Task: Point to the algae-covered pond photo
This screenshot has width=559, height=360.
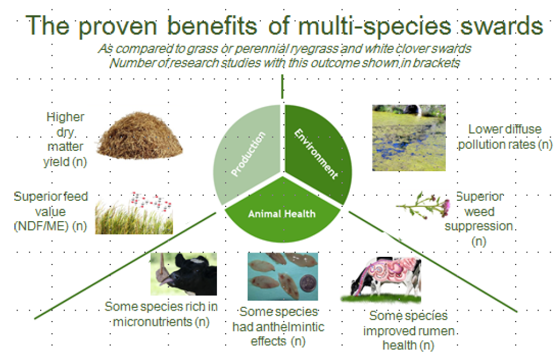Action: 409,138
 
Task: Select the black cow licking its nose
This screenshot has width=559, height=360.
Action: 183,274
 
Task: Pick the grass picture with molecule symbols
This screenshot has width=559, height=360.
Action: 134,213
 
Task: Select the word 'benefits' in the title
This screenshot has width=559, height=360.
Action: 212,26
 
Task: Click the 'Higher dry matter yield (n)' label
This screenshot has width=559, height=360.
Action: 65,139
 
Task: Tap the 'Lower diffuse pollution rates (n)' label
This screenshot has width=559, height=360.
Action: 505,137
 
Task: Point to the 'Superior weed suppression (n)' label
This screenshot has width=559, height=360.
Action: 479,219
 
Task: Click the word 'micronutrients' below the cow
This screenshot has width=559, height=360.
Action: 153,322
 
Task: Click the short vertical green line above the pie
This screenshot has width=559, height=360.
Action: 282,86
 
